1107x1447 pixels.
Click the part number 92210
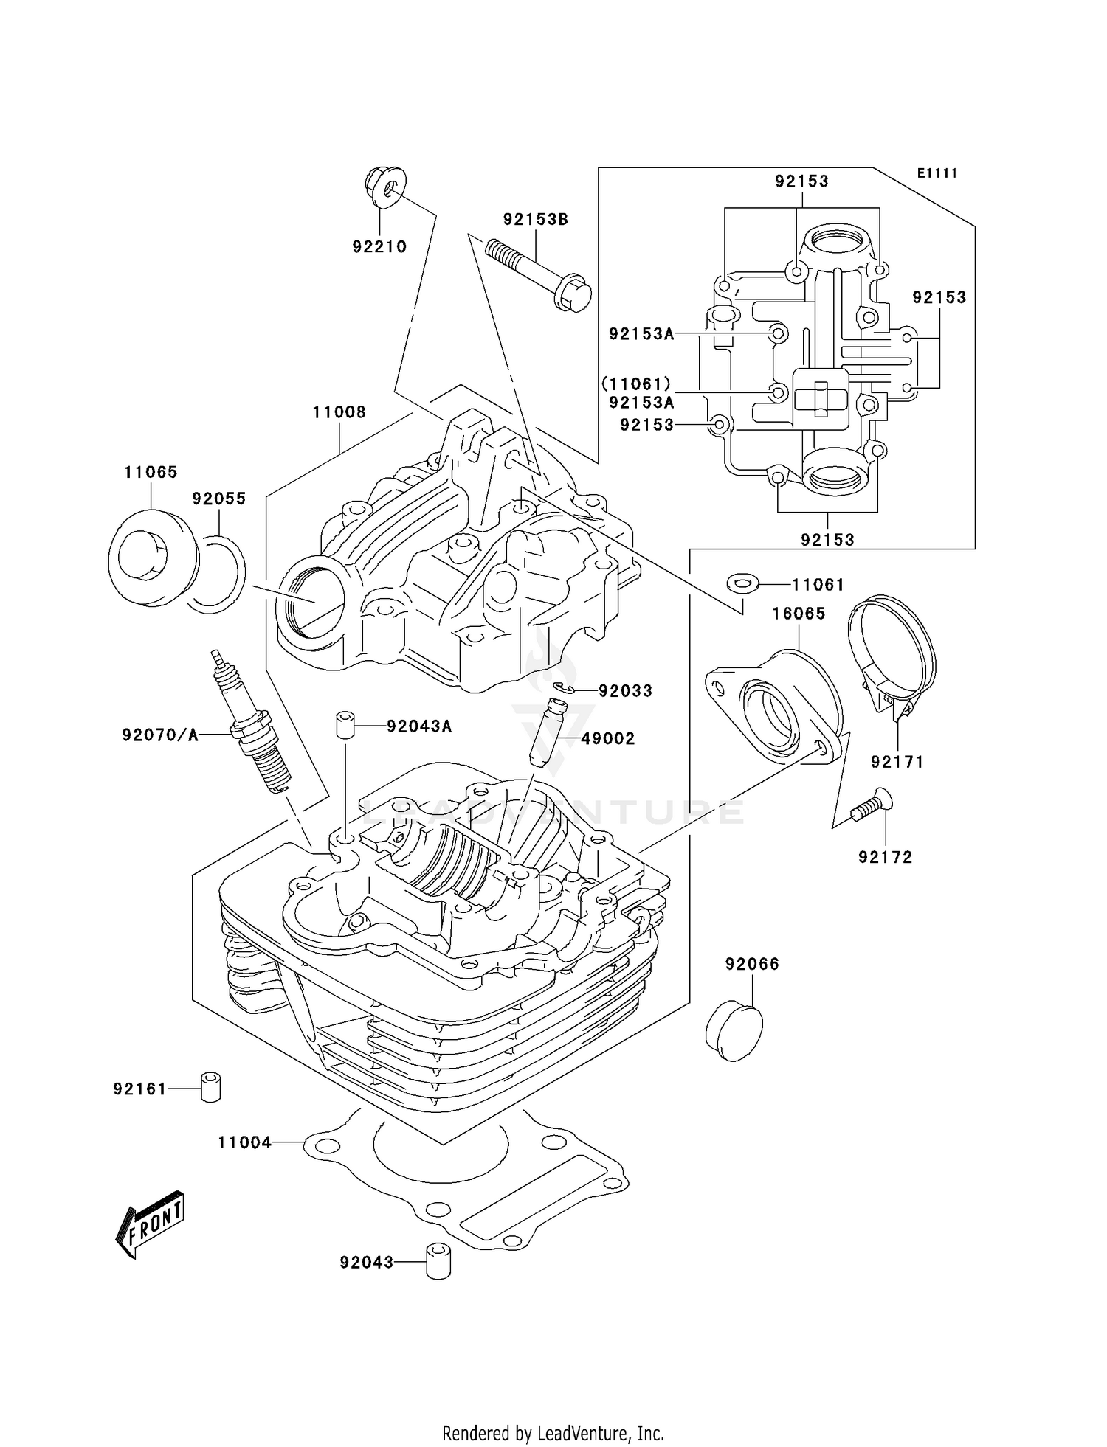tap(379, 247)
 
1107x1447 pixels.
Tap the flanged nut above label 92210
tap(384, 184)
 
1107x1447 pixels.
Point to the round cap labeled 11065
tap(151, 558)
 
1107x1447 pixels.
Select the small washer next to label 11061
tap(742, 584)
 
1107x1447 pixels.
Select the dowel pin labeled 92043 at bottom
tap(438, 1262)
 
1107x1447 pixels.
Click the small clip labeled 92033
tap(564, 689)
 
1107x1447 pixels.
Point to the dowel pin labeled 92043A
tap(345, 724)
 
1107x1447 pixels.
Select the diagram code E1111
tap(937, 173)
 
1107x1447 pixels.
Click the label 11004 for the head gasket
tap(244, 1143)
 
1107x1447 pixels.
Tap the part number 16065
tap(799, 614)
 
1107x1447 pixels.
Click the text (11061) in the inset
tap(636, 384)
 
